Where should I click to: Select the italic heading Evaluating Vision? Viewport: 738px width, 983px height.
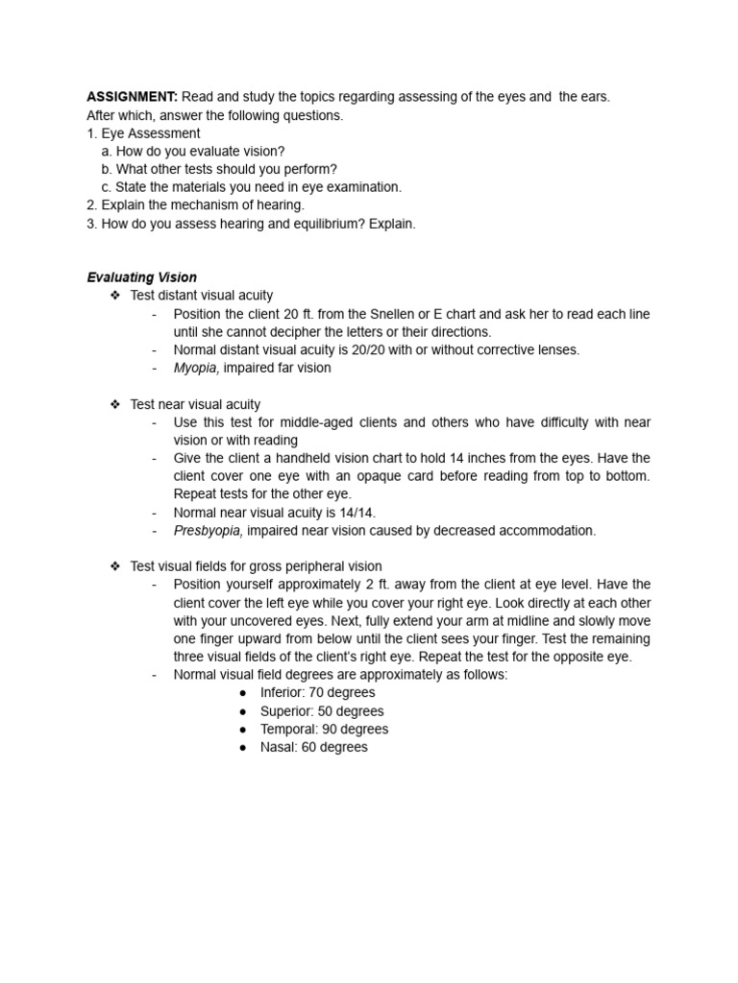141,277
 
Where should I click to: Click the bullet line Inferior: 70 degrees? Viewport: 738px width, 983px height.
317,693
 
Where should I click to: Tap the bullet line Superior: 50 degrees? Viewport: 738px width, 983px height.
321,711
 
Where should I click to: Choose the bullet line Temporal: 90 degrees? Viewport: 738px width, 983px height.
324,730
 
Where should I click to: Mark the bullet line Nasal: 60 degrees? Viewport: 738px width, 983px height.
313,748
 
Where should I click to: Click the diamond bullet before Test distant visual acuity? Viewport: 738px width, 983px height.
115,296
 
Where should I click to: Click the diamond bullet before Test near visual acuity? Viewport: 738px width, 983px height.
115,405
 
